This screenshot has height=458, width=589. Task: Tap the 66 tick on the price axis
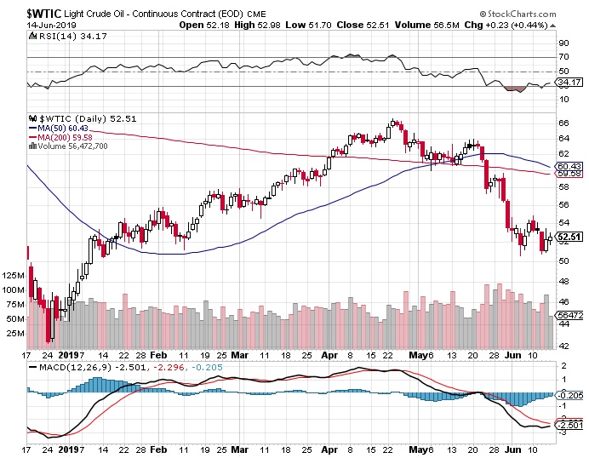(x=562, y=123)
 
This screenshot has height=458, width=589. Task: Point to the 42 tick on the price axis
(x=562, y=346)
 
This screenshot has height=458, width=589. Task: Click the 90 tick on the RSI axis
(x=562, y=42)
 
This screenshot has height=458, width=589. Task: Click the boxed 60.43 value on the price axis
(x=568, y=165)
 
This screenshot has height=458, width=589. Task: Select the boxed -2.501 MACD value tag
(x=568, y=425)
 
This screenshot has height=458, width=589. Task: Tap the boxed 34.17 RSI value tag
(x=568, y=83)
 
